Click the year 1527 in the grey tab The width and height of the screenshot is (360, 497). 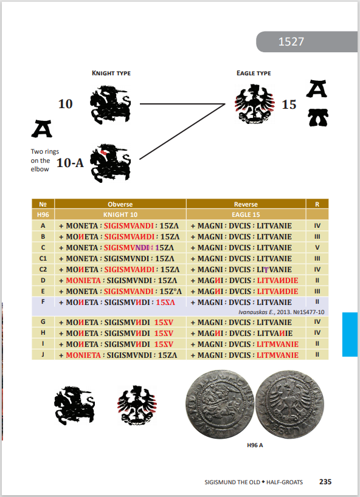pos(291,41)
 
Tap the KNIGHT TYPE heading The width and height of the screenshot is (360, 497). pos(111,74)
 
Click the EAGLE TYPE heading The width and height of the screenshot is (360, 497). pos(254,74)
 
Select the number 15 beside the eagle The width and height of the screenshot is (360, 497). pos(289,105)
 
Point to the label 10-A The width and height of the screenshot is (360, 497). pos(70,163)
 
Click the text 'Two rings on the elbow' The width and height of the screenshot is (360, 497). pos(45,160)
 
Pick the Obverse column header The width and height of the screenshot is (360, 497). pos(120,204)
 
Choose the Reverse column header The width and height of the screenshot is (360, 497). pos(246,204)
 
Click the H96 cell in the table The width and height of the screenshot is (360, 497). pos(43,214)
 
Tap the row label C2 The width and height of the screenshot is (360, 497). pos(43,269)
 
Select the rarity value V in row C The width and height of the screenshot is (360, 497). pos(317,247)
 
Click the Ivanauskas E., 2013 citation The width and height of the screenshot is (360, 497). pos(282,312)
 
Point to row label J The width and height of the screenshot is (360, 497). pos(43,355)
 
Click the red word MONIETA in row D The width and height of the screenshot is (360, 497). pos(83,281)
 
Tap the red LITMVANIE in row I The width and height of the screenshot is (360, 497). pos(277,344)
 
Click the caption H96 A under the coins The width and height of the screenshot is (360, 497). pos(255,445)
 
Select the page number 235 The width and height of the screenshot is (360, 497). pos(325,482)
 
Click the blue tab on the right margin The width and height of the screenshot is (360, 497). pos(350,334)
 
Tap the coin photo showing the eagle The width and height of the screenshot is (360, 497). pos(289,405)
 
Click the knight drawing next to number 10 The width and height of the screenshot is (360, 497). pos(111,105)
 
